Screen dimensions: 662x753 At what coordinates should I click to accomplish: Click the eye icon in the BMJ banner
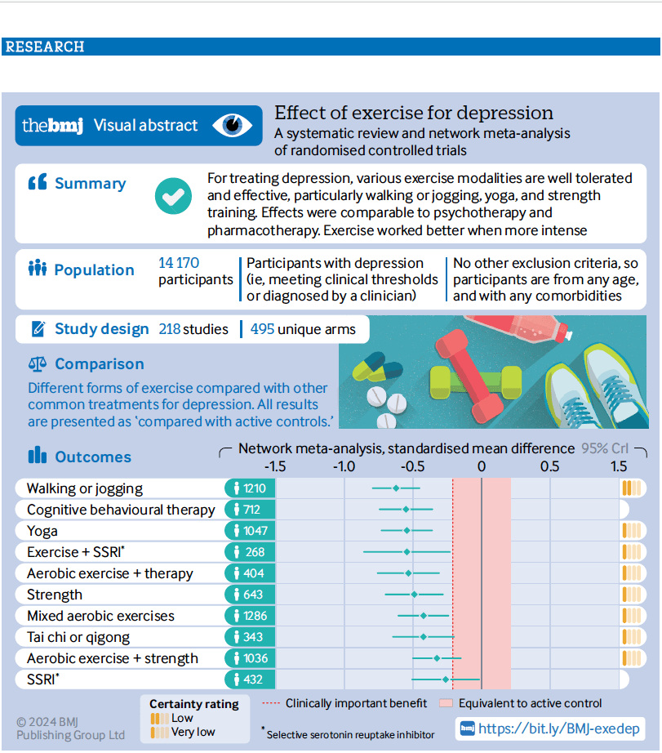(x=233, y=125)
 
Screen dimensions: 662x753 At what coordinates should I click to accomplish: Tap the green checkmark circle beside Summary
(x=173, y=196)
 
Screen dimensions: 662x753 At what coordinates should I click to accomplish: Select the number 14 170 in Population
(x=179, y=263)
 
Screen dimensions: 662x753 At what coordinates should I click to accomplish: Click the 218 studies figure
(x=193, y=329)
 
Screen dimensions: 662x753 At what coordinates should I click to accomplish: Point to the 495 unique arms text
(x=303, y=329)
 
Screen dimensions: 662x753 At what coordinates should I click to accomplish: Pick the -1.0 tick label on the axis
(x=344, y=466)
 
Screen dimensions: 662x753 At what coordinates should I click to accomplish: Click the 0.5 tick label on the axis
(x=549, y=466)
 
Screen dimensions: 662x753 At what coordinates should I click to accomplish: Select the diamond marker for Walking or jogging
(x=396, y=488)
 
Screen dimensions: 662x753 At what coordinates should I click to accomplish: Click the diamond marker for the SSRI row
(x=446, y=679)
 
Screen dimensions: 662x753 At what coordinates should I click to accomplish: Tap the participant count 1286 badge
(x=250, y=616)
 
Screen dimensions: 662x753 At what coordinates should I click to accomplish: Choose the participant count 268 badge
(x=250, y=552)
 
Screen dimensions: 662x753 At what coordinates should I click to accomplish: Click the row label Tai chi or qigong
(x=78, y=637)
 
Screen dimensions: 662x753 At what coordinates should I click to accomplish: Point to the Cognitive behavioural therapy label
(x=121, y=510)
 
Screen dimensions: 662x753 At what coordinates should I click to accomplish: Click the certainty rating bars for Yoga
(x=631, y=531)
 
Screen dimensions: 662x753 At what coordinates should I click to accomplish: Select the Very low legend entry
(x=183, y=732)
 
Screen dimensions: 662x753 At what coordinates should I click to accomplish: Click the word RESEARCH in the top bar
(x=45, y=47)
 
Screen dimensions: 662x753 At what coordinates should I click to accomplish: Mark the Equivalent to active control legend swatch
(x=446, y=703)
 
